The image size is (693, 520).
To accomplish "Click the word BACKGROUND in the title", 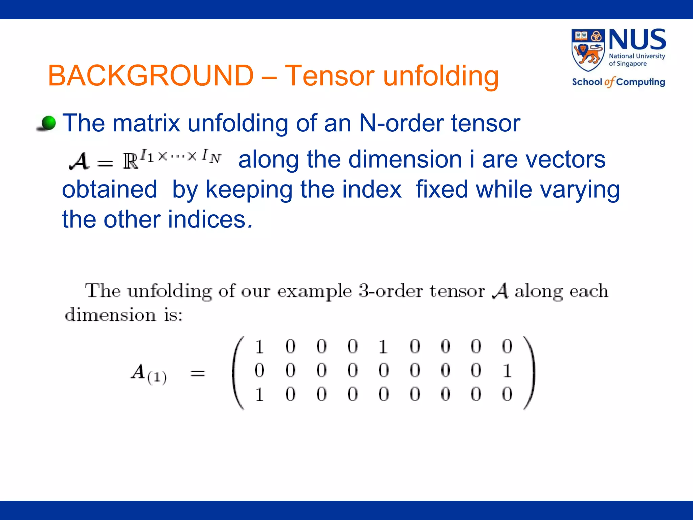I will [151, 75].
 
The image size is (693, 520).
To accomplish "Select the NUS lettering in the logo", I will [637, 40].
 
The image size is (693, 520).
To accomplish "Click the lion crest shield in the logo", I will [588, 50].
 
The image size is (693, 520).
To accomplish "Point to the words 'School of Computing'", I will [618, 82].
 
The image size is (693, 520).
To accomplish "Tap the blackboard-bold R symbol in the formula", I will [131, 161].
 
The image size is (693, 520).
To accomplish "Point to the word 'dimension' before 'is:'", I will [110, 315].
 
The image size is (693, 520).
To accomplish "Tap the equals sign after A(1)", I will [198, 374].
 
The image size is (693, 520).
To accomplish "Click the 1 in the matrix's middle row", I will [507, 371].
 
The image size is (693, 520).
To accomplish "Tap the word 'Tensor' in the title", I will [330, 75].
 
